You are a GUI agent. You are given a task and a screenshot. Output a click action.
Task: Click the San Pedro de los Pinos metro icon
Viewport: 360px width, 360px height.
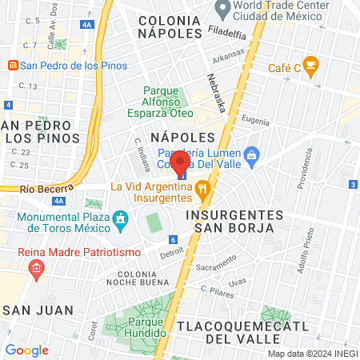[12, 65]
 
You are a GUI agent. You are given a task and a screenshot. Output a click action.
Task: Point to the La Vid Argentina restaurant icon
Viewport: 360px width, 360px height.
[202, 190]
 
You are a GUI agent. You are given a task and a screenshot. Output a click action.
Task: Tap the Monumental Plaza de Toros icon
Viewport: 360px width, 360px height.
[121, 218]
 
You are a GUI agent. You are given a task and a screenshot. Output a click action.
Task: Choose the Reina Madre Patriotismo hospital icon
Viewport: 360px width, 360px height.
[35, 270]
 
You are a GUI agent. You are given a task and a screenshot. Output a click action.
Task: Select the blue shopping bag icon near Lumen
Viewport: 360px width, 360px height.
[252, 154]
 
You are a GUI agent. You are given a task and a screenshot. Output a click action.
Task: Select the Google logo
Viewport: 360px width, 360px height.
[27, 350]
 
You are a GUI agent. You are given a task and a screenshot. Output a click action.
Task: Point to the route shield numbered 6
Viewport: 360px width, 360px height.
[172, 239]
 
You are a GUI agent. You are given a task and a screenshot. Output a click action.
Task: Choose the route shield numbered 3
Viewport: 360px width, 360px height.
[353, 185]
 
